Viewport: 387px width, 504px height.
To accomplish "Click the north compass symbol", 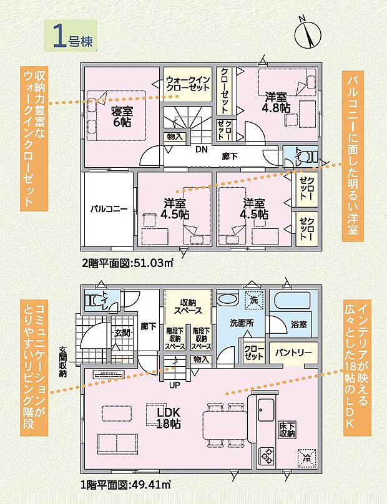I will [306, 32].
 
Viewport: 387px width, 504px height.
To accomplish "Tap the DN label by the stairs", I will [201, 150].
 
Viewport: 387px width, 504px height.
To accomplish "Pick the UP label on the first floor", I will [176, 384].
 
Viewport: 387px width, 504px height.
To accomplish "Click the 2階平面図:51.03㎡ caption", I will [127, 263].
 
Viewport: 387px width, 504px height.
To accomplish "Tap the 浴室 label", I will [298, 325].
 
